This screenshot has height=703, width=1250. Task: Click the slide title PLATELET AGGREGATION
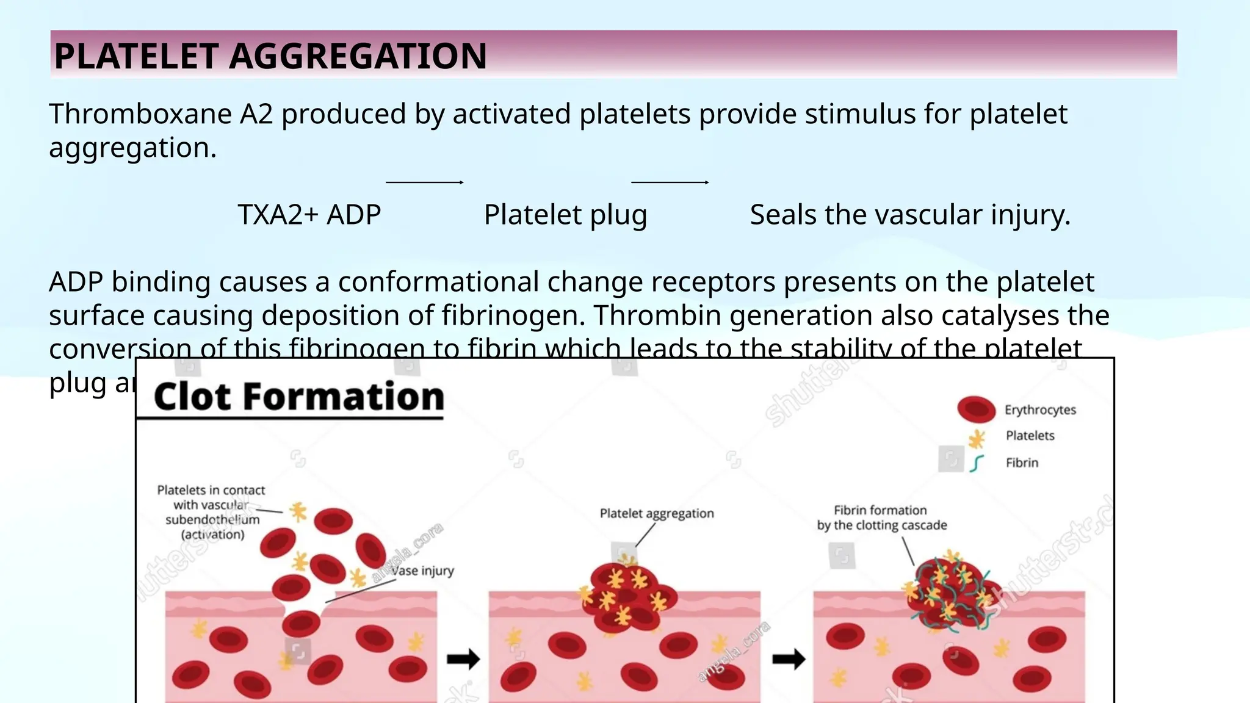(x=270, y=56)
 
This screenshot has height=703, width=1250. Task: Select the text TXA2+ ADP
(x=309, y=215)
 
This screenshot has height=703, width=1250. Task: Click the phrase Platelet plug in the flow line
(x=565, y=215)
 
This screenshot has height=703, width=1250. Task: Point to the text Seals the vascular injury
(x=909, y=215)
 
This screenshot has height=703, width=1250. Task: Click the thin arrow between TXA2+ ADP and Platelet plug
(x=425, y=182)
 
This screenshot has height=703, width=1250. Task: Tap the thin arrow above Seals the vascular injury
(x=670, y=182)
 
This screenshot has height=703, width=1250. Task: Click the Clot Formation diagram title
(x=298, y=397)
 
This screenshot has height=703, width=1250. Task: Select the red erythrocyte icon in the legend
(x=976, y=409)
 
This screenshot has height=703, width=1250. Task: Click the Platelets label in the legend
(x=1030, y=436)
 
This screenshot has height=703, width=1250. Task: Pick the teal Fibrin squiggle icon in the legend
(x=977, y=463)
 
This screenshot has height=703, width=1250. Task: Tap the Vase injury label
(x=422, y=571)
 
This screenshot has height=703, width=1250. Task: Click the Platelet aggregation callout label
(x=656, y=514)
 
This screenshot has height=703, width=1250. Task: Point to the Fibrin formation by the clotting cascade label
(x=881, y=517)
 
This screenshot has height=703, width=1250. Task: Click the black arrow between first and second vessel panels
(x=463, y=659)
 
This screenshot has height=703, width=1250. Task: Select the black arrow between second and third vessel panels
(x=789, y=659)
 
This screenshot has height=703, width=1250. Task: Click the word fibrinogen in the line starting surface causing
(x=512, y=315)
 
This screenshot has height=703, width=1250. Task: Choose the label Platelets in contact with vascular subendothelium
(x=211, y=512)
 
